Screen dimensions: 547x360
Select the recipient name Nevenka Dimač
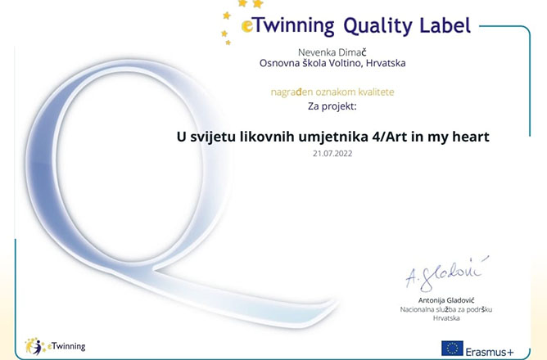click(x=332, y=52)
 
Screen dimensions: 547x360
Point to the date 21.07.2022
click(x=332, y=153)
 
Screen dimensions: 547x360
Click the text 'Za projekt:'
click(x=332, y=106)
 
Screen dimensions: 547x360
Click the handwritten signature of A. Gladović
click(x=447, y=273)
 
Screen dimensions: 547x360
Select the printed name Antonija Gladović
click(x=446, y=300)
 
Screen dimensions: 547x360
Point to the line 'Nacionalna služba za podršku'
click(x=445, y=309)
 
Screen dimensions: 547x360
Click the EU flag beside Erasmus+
click(x=452, y=349)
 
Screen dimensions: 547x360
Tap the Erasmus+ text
click(x=490, y=351)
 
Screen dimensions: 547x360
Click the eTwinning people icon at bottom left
click(x=34, y=346)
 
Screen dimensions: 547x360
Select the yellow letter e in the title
click(x=246, y=26)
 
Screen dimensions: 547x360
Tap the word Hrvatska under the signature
click(x=446, y=317)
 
